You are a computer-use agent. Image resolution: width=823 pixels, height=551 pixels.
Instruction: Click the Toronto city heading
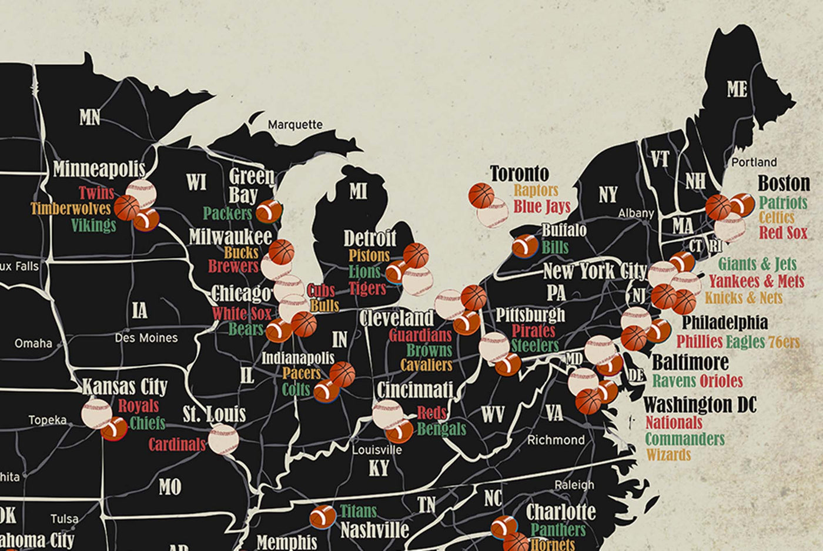519,173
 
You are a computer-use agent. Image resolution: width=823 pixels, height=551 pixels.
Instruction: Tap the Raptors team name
536,191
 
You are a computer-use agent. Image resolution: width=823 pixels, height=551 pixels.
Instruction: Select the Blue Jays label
541,206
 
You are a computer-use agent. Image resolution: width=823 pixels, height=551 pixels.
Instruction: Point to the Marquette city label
295,125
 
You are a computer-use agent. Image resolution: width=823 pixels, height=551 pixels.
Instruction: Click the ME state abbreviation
737,89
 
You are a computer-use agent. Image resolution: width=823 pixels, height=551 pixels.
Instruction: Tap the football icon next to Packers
269,212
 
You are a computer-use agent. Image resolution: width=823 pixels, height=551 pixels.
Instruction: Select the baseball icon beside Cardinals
223,440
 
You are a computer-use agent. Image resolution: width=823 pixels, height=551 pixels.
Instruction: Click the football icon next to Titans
323,516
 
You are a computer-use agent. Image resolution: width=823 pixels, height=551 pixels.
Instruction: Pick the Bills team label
555,247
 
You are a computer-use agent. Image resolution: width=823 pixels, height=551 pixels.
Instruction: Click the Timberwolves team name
71,209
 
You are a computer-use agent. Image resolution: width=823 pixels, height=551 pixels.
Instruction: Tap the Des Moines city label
146,338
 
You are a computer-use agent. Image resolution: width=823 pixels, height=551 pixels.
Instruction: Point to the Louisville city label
377,450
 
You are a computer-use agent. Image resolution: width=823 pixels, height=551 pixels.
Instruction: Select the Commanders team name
684,439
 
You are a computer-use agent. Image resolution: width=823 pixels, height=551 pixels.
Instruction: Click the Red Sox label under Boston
783,233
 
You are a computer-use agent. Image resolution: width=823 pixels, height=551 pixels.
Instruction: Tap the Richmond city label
556,440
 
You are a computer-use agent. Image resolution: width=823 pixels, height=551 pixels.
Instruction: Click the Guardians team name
420,336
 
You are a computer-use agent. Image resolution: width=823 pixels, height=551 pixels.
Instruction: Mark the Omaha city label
33,343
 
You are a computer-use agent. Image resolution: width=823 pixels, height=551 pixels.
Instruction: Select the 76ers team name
784,342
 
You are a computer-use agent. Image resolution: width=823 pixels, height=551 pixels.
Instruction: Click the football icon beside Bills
524,246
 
